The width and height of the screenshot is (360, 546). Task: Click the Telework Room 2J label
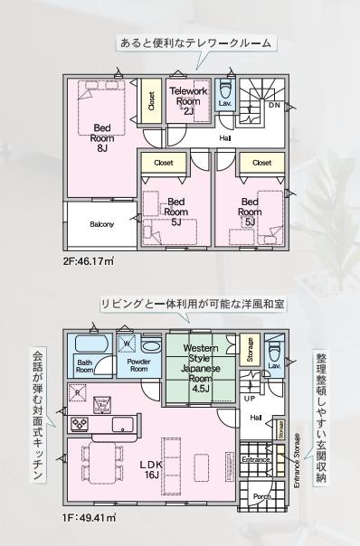[x=189, y=99]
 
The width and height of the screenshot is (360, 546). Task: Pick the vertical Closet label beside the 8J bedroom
[x=150, y=103]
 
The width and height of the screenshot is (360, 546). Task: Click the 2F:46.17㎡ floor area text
[x=89, y=261]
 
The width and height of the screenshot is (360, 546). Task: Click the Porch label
[x=261, y=496]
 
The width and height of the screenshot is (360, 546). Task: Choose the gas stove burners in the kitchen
[x=80, y=423]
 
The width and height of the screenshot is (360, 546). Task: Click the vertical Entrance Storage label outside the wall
[x=297, y=465]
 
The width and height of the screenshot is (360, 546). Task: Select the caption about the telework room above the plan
[x=194, y=42]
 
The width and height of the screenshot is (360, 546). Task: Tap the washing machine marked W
[x=128, y=344]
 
